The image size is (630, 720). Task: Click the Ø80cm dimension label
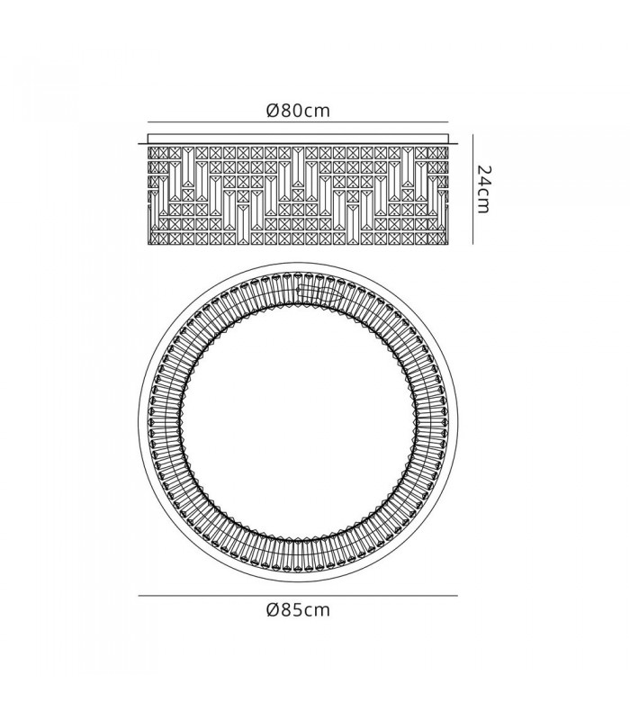(298, 111)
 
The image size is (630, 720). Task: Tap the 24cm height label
(481, 189)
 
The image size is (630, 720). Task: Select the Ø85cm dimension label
(298, 610)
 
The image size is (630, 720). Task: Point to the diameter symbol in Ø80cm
(273, 111)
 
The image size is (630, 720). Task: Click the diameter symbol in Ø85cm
(273, 610)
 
